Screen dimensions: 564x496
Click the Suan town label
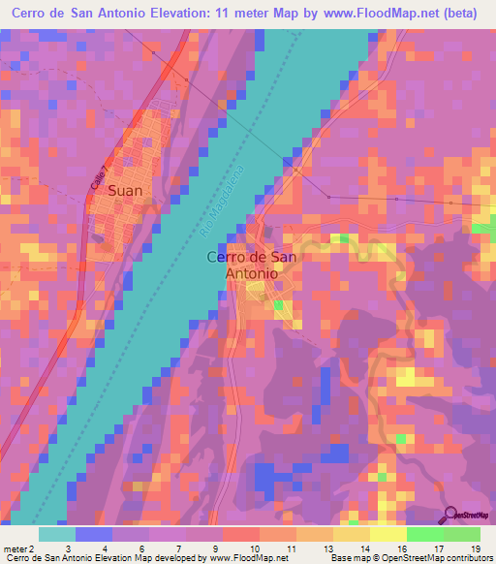coord(125,191)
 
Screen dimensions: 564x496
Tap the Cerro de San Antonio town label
coord(252,265)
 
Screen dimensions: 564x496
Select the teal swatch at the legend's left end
coord(56,534)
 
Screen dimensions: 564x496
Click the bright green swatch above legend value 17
coord(424,534)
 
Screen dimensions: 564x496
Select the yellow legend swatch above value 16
coord(387,534)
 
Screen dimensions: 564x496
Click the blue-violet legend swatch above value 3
coord(93,534)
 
